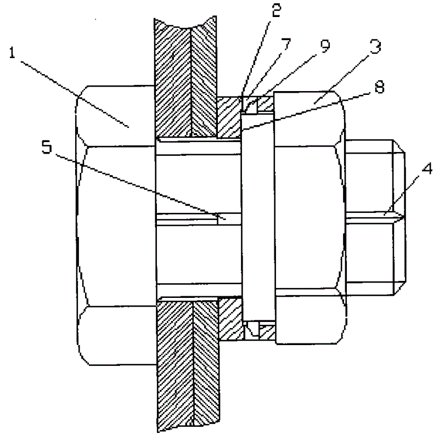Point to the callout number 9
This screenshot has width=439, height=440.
[x=325, y=48]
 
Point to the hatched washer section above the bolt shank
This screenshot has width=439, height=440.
[x=229, y=118]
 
